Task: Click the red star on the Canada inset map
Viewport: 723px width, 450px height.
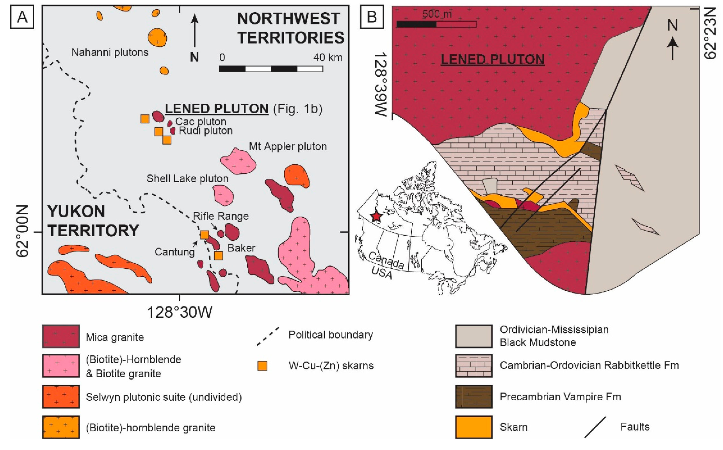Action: click(376, 216)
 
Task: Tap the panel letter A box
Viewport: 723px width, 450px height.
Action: click(22, 17)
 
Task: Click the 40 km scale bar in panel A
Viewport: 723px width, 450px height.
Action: click(271, 69)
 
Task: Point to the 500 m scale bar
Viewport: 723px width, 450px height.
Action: click(436, 24)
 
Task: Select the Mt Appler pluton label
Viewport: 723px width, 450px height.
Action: click(288, 146)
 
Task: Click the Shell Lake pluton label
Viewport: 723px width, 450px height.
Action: click(188, 179)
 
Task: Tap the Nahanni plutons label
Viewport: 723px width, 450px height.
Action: click(110, 52)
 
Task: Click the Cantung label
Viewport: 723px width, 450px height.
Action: click(175, 252)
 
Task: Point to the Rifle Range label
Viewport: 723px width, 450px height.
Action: click(221, 216)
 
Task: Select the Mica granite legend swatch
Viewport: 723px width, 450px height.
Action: click(61, 336)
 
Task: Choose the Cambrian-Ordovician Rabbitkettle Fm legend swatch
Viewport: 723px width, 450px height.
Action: click(473, 366)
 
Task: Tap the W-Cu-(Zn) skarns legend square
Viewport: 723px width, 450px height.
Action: click(262, 366)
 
